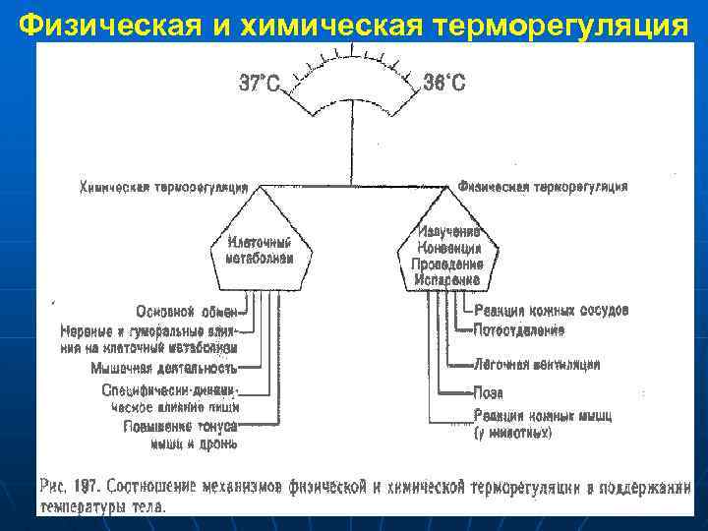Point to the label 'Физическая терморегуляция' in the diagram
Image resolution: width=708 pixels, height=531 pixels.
pyautogui.click(x=543, y=186)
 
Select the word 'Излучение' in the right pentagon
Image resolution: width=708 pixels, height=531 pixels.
pyautogui.click(x=448, y=232)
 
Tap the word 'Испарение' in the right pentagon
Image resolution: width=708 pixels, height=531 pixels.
pyautogui.click(x=447, y=279)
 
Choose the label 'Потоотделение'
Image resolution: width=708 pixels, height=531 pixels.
pyautogui.click(x=519, y=329)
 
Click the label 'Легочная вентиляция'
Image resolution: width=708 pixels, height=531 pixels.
pyautogui.click(x=537, y=364)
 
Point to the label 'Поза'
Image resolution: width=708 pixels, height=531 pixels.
pyautogui.click(x=489, y=391)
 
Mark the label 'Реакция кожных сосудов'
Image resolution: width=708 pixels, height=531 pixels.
pyautogui.click(x=551, y=311)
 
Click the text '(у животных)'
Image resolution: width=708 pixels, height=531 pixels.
pyautogui.click(x=513, y=432)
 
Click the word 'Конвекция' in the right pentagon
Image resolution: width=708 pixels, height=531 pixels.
pyautogui.click(x=448, y=248)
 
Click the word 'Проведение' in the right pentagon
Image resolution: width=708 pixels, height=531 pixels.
pyautogui.click(x=447, y=264)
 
